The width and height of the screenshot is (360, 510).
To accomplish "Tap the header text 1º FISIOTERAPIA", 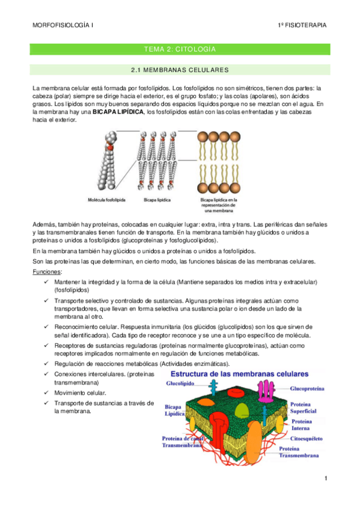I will click(x=302, y=25).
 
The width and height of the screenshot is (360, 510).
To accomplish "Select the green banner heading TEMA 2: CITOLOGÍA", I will click(x=180, y=49).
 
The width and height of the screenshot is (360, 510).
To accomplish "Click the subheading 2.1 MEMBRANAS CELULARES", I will click(x=180, y=70).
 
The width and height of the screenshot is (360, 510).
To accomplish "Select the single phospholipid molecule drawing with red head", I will click(x=107, y=162).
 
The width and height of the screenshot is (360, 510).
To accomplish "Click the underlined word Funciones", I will click(x=46, y=272).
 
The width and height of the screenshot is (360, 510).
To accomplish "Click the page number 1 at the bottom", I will click(x=325, y=479).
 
